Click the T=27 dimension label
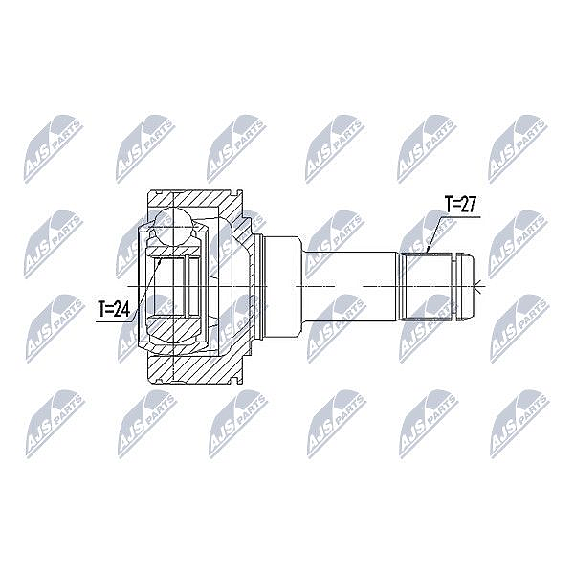coord(459,205)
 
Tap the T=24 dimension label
coord(114,309)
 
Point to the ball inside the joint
coord(173,226)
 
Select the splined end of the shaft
coord(426,287)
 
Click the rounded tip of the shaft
coord(467,287)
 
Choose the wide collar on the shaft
coord(281,287)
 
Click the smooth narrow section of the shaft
coord(349,287)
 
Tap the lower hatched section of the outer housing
coord(194,369)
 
